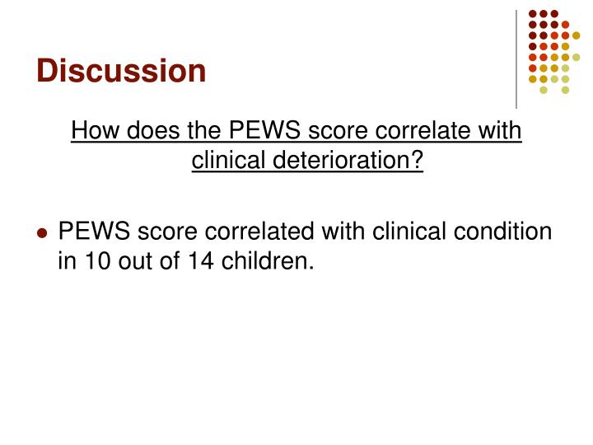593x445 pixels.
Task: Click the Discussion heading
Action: click(x=120, y=70)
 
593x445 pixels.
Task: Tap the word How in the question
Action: click(x=93, y=131)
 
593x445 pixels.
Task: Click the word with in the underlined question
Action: click(x=499, y=131)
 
